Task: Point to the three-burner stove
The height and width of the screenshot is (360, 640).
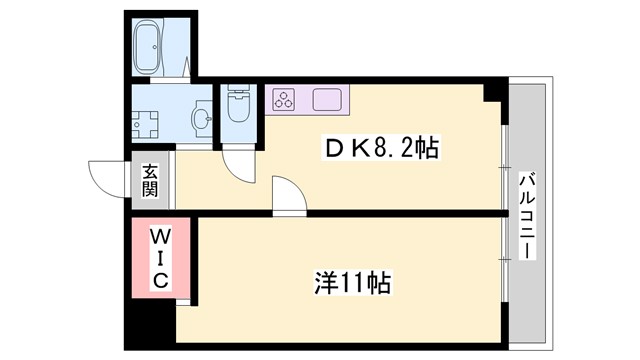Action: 285,99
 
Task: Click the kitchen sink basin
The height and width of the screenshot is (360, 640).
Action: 327,99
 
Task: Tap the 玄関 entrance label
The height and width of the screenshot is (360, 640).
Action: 149,180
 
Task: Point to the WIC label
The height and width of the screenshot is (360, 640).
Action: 159,257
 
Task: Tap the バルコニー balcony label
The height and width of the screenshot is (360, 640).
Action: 525,215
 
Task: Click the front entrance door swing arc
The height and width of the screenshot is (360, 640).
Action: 105,178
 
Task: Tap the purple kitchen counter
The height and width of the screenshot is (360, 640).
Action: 305,99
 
